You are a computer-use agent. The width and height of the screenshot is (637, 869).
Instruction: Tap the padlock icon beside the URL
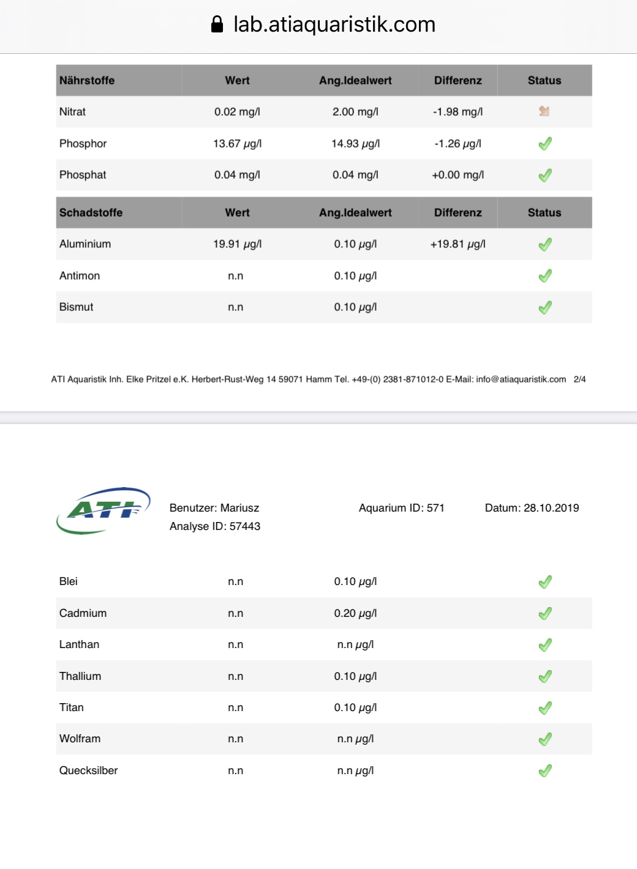(x=217, y=24)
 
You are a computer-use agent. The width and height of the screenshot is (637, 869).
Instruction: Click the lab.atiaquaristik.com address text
(x=334, y=24)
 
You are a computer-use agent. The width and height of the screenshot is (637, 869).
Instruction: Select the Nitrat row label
(x=72, y=112)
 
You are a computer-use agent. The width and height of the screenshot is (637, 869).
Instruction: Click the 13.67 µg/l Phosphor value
(x=237, y=144)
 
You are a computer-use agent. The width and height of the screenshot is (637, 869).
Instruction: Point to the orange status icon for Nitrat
(x=544, y=111)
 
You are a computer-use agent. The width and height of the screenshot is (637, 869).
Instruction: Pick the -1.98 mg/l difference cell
(x=458, y=112)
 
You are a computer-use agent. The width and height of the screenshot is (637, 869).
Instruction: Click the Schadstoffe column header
(x=91, y=213)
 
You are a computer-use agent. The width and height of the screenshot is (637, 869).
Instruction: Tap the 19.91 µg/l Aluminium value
(x=237, y=244)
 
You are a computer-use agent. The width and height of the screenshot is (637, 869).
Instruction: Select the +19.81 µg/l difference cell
(x=458, y=244)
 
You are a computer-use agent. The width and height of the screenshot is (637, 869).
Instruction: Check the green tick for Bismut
(x=545, y=307)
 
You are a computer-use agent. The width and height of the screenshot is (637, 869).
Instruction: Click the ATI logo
(x=104, y=510)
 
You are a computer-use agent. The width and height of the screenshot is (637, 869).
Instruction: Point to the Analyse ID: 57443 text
(x=215, y=526)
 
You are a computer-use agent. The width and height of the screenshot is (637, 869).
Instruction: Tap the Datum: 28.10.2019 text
(x=532, y=508)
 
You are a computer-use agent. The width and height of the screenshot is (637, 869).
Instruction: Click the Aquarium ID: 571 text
(x=401, y=508)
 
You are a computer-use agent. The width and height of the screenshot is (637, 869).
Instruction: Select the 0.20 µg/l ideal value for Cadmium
(x=355, y=613)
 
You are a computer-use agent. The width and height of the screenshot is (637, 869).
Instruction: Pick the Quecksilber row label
(x=88, y=770)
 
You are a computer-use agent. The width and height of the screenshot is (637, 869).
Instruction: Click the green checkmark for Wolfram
(x=545, y=739)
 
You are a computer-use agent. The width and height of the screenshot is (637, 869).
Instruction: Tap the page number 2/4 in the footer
(x=579, y=379)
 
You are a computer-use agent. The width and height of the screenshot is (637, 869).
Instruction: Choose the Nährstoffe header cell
(x=87, y=81)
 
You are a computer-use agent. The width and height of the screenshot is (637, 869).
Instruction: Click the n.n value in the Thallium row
(x=235, y=676)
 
